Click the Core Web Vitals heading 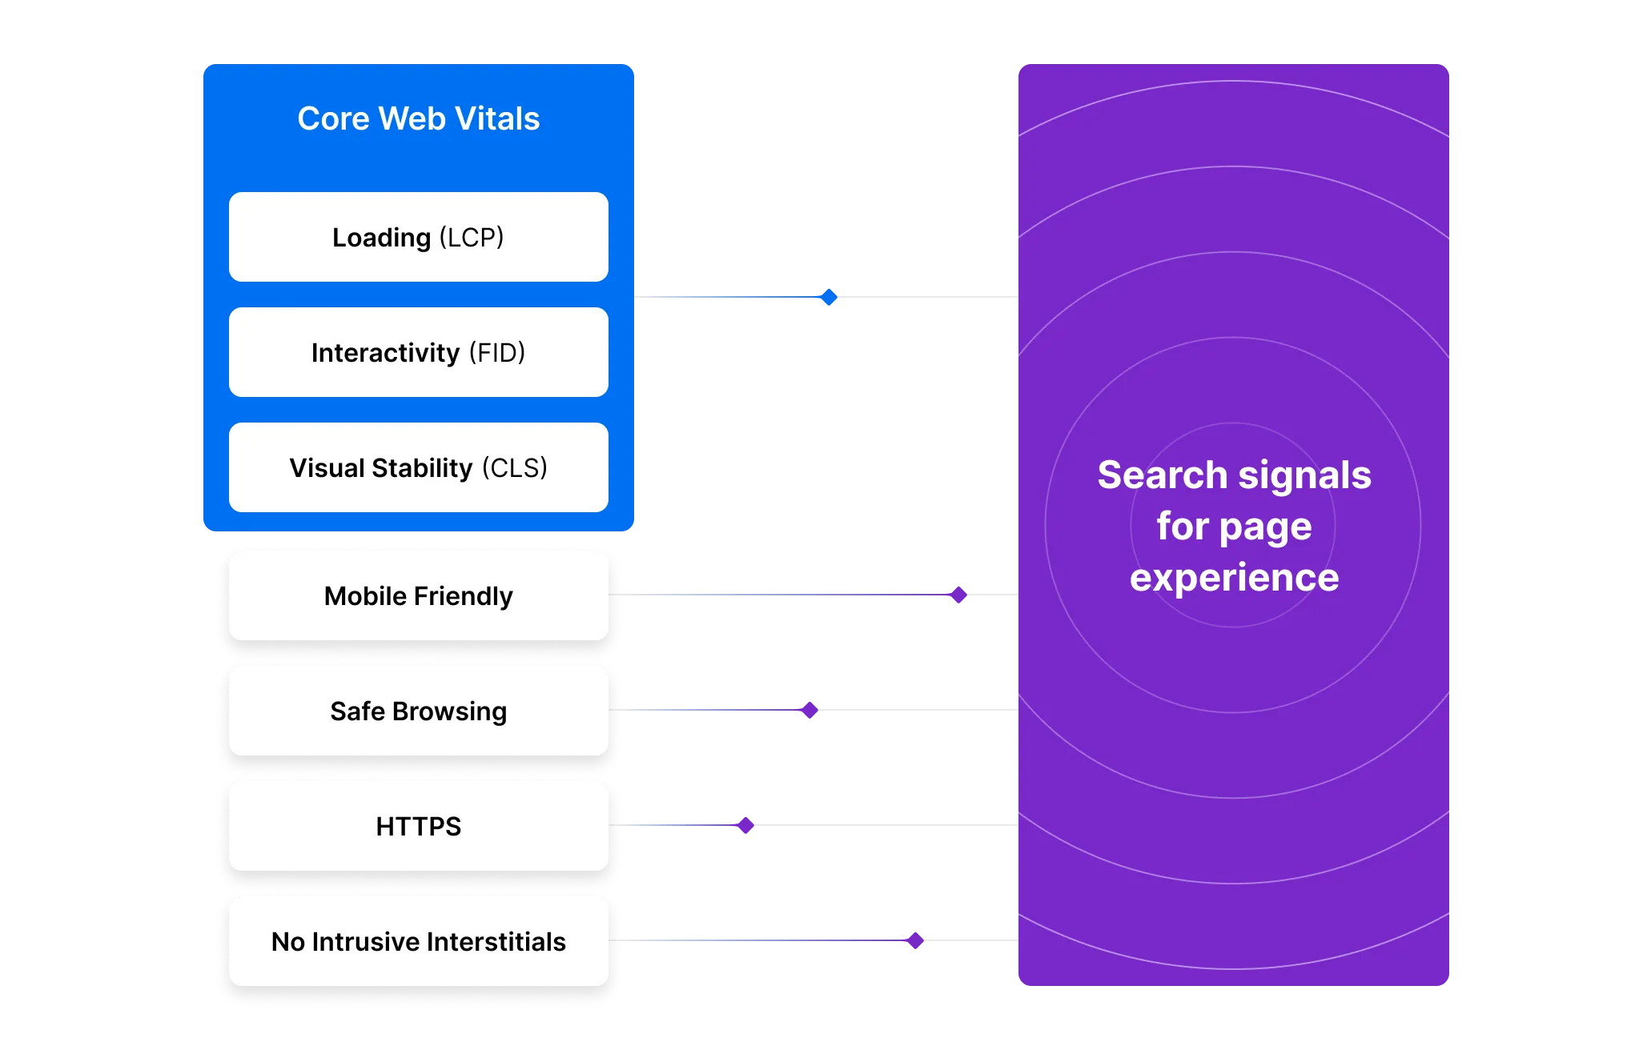[x=418, y=118]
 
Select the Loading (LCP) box [x=418, y=237]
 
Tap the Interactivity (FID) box [x=418, y=352]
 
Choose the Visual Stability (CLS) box [x=418, y=467]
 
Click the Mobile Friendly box [x=418, y=595]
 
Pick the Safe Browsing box [x=418, y=711]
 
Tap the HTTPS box [x=418, y=826]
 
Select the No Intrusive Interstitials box [x=418, y=941]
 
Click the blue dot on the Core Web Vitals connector [x=829, y=298]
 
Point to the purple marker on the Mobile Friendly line [x=957, y=594]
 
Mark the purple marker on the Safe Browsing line [x=809, y=709]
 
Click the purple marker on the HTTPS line [x=745, y=824]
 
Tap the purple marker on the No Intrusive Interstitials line [x=915, y=940]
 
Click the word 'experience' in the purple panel [x=1234, y=578]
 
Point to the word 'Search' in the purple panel [x=1162, y=475]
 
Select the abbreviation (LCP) [x=472, y=238]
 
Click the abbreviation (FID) [x=496, y=353]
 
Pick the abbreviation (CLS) [x=514, y=468]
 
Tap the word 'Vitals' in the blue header [x=497, y=118]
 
